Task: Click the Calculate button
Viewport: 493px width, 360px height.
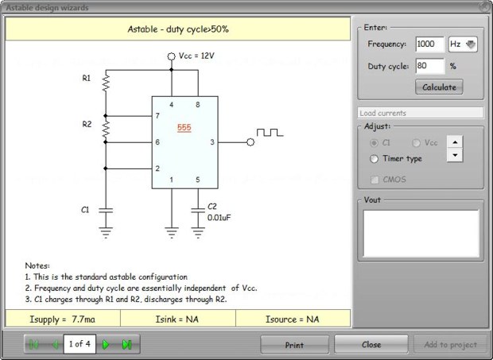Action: click(439, 87)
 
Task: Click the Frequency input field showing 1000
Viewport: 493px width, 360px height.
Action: click(430, 45)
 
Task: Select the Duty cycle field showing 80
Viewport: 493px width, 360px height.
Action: click(429, 66)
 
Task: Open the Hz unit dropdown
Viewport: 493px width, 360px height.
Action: click(463, 45)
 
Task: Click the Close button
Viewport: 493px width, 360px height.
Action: click(371, 345)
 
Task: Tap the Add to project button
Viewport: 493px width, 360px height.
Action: click(451, 345)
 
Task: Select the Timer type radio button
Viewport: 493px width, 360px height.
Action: click(375, 158)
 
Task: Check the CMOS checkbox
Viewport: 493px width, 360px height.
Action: click(375, 180)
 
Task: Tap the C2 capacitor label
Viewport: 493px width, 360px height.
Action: click(212, 206)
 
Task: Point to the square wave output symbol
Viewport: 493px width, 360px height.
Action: click(269, 133)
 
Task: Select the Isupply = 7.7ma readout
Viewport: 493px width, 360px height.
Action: click(62, 318)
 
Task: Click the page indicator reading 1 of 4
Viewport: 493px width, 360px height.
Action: click(80, 344)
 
